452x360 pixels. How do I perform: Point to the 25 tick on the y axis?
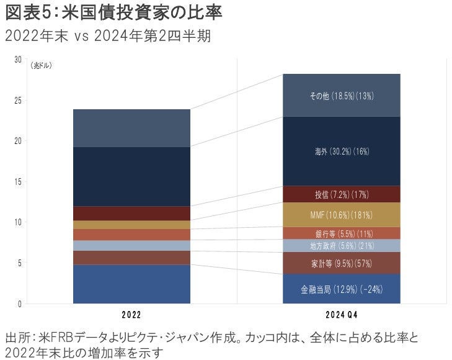(x=17, y=100)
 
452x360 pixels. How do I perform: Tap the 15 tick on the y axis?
(x=17, y=182)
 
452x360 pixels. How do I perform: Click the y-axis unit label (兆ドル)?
(x=42, y=65)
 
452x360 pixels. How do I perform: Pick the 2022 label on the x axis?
(x=131, y=315)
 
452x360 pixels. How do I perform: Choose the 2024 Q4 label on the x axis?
(x=341, y=315)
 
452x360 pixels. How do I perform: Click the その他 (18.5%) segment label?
(x=341, y=96)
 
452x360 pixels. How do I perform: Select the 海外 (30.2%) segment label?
(x=341, y=151)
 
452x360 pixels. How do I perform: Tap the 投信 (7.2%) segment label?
(x=341, y=195)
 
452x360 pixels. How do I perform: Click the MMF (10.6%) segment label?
(x=341, y=215)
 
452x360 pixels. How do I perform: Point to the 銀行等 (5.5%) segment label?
(x=341, y=233)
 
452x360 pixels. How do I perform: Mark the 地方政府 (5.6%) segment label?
(x=341, y=246)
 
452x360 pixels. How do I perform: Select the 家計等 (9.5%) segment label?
(x=341, y=263)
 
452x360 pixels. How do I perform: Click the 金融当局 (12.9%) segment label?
(x=341, y=289)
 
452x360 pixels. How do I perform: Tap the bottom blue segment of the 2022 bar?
(x=131, y=284)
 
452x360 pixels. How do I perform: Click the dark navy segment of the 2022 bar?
(x=131, y=176)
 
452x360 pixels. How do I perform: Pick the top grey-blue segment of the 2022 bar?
(x=131, y=128)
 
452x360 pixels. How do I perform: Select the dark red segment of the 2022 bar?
(x=131, y=213)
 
